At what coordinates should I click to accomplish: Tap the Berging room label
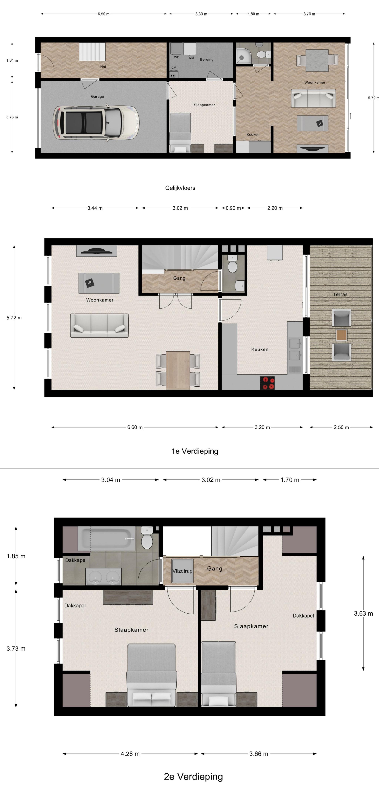click(207, 59)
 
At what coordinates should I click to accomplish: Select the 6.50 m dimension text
click(103, 14)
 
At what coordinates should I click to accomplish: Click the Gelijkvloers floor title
click(180, 188)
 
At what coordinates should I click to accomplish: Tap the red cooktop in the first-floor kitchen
click(267, 383)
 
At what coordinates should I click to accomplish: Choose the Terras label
click(340, 294)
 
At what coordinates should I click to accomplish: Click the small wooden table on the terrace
click(341, 335)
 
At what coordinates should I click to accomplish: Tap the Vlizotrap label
click(182, 571)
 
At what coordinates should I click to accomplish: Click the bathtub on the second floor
click(107, 538)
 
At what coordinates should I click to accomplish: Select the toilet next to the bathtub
click(147, 538)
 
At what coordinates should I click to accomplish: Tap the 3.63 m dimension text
click(363, 613)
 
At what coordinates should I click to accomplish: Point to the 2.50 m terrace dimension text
click(341, 427)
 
